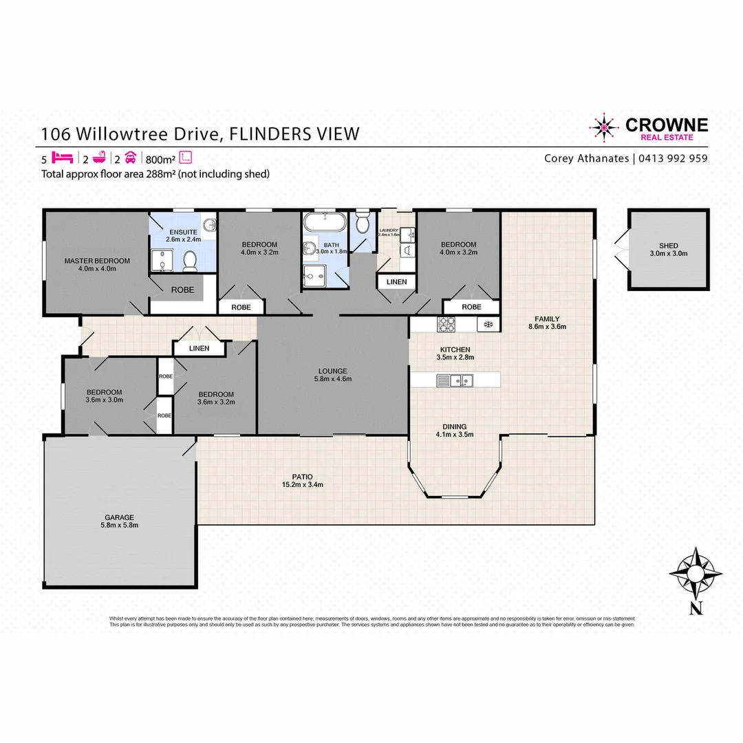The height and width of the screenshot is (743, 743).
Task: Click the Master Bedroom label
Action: coord(96,264)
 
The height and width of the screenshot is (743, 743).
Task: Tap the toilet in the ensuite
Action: coord(191,260)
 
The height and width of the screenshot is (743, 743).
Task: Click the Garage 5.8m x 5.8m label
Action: coord(119,521)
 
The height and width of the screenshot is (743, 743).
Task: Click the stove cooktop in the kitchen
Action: coord(448,323)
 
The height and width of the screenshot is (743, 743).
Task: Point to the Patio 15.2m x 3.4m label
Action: coord(302,480)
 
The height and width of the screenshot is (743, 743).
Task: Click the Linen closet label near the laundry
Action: coord(396,282)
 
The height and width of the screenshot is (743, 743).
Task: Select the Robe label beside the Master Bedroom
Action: coord(182,290)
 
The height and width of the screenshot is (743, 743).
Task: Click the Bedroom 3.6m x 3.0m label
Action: coord(104,396)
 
